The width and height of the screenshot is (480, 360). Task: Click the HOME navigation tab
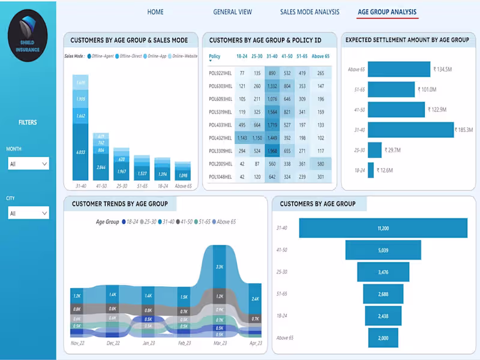[x=155, y=12]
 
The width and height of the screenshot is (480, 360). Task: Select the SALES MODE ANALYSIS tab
[x=309, y=12]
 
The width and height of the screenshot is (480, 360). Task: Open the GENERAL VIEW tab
[x=232, y=12]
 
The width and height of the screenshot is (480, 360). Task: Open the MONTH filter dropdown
[x=28, y=164]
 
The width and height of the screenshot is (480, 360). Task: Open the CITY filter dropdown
[x=28, y=213]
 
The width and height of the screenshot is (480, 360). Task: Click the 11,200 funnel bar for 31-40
[x=383, y=229]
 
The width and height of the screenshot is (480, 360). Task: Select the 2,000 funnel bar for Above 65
[x=383, y=338]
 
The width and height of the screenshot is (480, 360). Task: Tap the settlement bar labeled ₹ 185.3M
[x=411, y=130]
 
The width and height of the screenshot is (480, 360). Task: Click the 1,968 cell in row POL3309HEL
[x=272, y=151]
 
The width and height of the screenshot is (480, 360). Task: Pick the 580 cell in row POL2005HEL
[x=320, y=164]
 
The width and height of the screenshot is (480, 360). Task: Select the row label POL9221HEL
[x=220, y=73]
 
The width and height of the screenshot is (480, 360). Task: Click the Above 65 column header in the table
[x=320, y=56]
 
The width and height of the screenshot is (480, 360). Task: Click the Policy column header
[x=215, y=56]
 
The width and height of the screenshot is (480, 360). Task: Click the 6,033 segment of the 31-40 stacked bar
[x=80, y=152]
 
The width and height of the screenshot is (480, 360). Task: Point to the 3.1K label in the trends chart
[x=220, y=266]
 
